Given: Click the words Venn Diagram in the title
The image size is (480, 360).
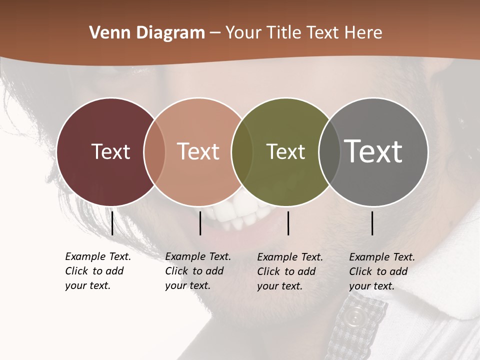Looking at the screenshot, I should [x=147, y=33].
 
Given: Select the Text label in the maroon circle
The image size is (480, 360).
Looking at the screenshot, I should [x=110, y=151].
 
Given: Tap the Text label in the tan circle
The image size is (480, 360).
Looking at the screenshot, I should [x=198, y=151].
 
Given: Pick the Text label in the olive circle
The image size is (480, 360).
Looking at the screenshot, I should [x=285, y=151].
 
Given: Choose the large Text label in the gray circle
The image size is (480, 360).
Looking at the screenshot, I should [x=373, y=151].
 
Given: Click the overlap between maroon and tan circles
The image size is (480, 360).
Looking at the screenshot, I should [x=154, y=152].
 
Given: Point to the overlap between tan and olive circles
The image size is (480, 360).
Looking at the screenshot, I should [x=242, y=152].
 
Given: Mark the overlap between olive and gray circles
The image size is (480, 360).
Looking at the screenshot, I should [x=329, y=152].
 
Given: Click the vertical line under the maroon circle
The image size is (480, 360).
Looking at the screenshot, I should [x=112, y=223].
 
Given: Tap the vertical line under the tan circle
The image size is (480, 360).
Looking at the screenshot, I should [x=200, y=223].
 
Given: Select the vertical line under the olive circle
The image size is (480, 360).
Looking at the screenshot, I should [x=288, y=223].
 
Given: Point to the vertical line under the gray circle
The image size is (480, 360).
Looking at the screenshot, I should [x=372, y=223].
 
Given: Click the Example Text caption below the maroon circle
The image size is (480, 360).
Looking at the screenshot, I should [x=98, y=271].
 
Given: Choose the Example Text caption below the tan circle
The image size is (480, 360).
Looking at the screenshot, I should [x=198, y=271].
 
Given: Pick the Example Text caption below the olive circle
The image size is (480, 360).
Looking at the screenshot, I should [x=290, y=271].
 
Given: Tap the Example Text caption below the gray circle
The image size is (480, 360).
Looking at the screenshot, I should [x=382, y=271].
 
